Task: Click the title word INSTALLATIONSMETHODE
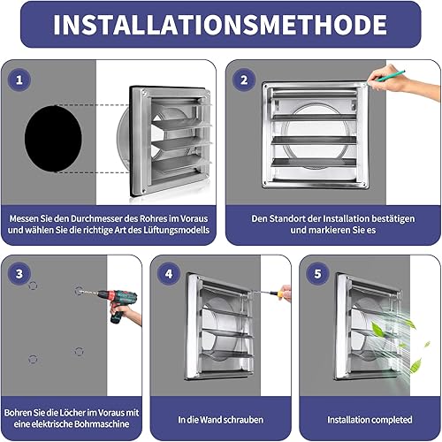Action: tap(220, 25)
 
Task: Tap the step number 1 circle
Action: tap(19, 80)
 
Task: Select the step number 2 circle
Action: tap(244, 80)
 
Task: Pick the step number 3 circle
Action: tap(19, 274)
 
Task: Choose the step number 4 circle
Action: tap(169, 274)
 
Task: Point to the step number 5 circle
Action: tap(317, 274)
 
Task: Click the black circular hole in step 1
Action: tap(53, 139)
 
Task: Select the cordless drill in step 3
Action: tap(118, 305)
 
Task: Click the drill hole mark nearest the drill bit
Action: tap(79, 292)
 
